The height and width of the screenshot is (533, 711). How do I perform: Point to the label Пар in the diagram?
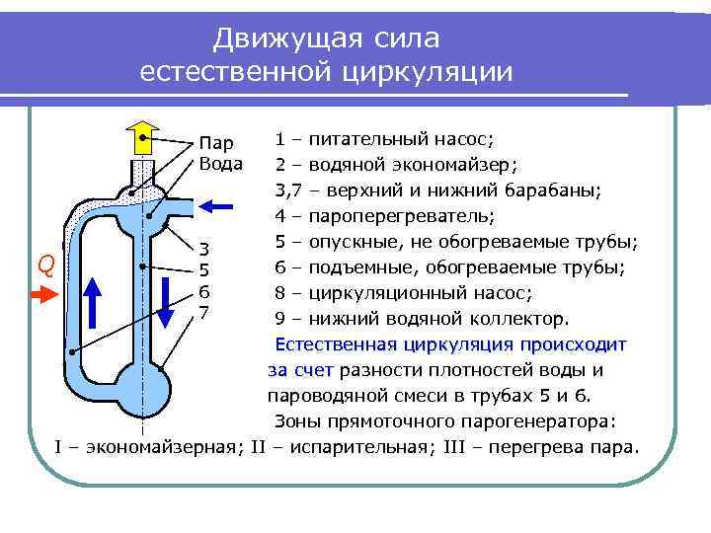coord(216,144)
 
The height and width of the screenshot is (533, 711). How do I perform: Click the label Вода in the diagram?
coord(220,163)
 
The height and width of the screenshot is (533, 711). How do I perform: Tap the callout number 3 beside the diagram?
coord(204,249)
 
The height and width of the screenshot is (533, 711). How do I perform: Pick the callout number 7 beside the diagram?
coord(204,313)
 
